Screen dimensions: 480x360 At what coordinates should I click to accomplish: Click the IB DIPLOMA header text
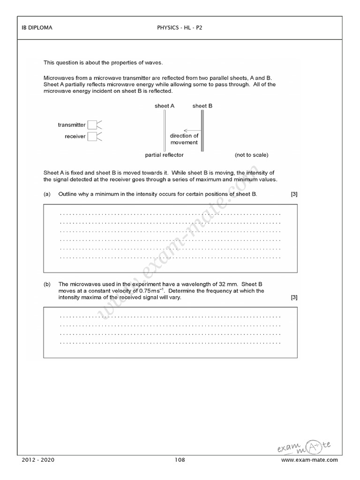37,28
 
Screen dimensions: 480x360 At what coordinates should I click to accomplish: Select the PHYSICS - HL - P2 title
180,28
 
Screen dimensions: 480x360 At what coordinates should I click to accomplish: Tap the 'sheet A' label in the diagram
165,106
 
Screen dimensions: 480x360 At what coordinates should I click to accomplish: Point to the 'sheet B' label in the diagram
202,106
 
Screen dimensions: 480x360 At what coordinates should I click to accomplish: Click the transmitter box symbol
92,125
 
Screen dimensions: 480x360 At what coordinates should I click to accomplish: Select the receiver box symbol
92,136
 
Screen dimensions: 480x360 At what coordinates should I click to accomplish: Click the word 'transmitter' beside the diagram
72,125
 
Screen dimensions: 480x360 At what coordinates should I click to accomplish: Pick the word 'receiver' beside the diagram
75,136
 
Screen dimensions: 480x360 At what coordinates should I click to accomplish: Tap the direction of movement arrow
189,130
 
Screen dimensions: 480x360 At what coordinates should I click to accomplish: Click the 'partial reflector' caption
165,155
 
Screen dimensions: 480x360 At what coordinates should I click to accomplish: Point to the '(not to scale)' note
252,155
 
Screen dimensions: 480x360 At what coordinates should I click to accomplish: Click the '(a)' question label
47,194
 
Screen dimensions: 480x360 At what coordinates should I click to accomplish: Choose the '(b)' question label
47,284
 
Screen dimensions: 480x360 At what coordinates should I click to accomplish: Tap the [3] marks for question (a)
294,194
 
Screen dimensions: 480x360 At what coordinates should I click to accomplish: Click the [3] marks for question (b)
294,297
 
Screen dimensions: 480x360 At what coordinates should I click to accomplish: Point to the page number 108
180,473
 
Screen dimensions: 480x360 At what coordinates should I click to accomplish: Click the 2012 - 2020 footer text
38,473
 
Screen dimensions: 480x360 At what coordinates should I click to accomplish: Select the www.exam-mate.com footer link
309,473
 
